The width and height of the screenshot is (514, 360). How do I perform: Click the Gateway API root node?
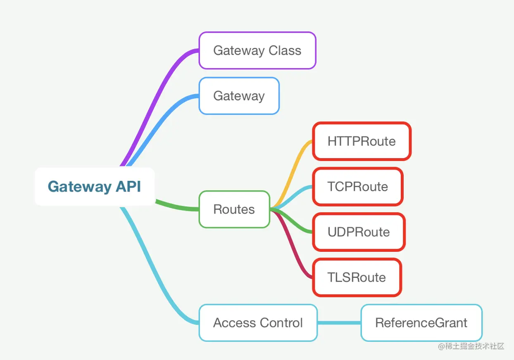coord(95,187)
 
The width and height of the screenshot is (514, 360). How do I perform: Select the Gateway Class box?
coord(257,50)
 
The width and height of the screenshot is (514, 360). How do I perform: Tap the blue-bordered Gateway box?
coord(239,96)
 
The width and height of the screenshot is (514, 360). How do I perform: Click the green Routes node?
coord(234,209)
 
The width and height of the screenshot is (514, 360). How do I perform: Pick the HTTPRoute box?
coord(362,141)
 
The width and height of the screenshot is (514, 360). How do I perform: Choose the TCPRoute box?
coord(357,187)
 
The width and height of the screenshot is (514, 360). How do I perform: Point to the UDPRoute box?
coord(359,232)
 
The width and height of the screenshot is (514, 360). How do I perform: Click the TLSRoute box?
coord(357,277)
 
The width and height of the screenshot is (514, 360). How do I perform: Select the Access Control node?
coord(258,323)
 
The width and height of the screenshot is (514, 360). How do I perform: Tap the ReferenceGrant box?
coord(421,323)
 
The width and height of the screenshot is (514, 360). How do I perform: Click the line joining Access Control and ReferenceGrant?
coord(339,323)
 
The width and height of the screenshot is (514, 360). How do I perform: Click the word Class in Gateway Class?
coord(285,50)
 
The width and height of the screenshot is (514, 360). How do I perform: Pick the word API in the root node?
coord(128,187)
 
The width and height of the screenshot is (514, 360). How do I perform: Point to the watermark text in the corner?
coord(471,346)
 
